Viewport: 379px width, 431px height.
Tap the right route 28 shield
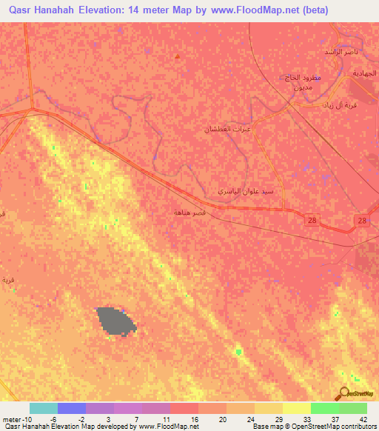pos(361,221)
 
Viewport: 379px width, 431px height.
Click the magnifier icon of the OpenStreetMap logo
pos(345,392)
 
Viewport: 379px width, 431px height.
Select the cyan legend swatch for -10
pos(43,408)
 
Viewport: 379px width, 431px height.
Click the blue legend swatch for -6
pos(71,408)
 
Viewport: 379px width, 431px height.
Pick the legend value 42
pos(363,419)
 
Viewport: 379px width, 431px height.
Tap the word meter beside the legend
pos(11,419)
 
